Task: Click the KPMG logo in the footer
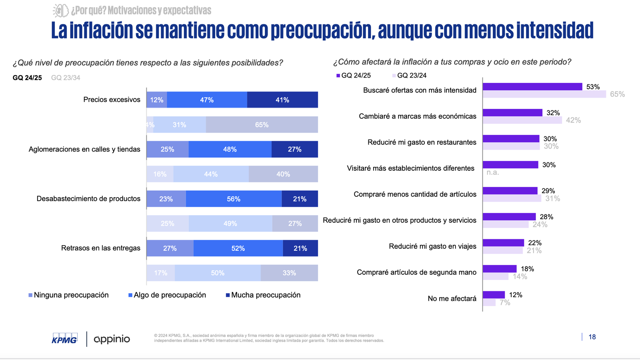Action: click(x=64, y=338)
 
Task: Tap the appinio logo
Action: click(x=112, y=339)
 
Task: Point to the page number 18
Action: click(x=592, y=337)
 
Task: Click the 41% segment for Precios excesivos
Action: click(x=282, y=100)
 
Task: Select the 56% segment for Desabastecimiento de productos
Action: click(x=234, y=199)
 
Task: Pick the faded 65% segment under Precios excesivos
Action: click(x=262, y=125)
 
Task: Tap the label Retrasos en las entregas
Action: click(x=101, y=248)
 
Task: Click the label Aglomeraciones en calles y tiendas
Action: click(x=84, y=149)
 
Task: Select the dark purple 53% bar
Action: click(x=532, y=87)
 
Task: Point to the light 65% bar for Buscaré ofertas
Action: click(x=544, y=94)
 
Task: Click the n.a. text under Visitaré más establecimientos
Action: click(x=492, y=172)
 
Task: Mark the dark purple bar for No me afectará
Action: click(x=494, y=295)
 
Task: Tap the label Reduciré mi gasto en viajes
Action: click(x=432, y=246)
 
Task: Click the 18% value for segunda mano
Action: click(x=527, y=269)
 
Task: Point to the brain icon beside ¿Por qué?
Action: click(x=61, y=10)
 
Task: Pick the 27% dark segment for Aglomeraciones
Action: click(x=294, y=149)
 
